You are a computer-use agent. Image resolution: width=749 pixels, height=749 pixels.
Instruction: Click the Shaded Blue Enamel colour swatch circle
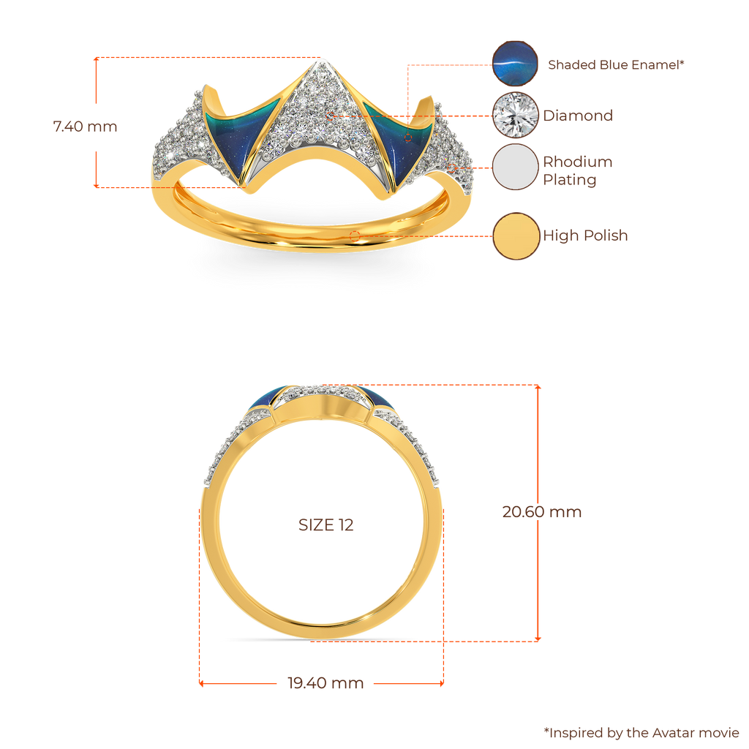point(515,64)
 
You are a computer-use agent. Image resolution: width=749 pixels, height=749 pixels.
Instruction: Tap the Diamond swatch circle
point(515,115)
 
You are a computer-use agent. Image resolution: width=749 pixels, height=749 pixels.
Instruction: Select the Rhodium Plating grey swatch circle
point(515,167)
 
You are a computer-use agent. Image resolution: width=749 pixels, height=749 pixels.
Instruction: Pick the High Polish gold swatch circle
point(515,236)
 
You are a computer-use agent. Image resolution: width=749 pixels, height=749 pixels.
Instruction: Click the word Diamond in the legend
point(578,116)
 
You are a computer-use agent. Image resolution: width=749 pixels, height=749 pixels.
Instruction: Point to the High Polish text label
point(585,236)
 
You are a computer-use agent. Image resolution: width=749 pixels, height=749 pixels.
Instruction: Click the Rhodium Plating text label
point(578,171)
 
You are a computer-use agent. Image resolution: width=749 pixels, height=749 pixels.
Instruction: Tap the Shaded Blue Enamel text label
point(617,64)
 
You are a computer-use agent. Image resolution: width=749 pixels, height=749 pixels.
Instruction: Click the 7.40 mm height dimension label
point(85,126)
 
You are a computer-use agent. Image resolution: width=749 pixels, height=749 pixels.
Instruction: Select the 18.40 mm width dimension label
point(325,684)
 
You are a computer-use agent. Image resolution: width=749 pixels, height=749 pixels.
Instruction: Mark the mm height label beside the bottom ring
point(541,512)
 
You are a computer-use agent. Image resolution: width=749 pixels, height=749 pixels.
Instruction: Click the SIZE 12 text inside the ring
point(325,525)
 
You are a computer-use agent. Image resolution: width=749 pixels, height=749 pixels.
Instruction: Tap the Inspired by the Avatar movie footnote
point(641,731)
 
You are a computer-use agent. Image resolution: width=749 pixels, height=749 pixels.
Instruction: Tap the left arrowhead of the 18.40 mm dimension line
point(203,683)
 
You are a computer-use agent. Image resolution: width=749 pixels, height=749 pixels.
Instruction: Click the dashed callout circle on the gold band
point(355,236)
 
